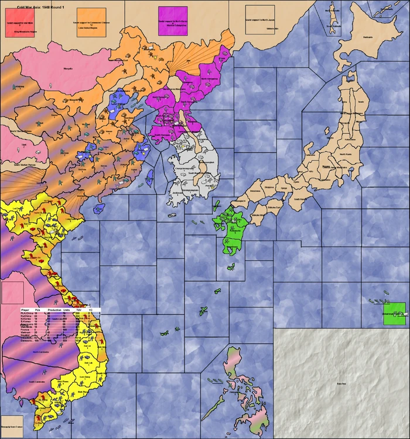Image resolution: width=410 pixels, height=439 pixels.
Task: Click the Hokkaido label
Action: click(x=368, y=37)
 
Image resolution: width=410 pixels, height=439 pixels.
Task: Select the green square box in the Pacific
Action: click(x=394, y=314)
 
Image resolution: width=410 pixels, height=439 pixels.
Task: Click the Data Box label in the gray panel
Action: click(x=340, y=383)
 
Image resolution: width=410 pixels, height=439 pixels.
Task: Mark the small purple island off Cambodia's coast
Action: click(x=22, y=402)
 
